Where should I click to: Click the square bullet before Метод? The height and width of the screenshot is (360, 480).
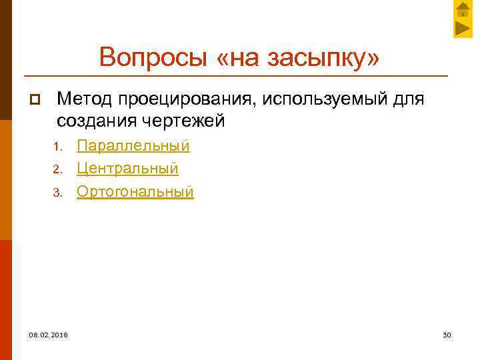pyautogui.click(x=35, y=100)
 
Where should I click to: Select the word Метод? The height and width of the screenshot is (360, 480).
pyautogui.click(x=85, y=99)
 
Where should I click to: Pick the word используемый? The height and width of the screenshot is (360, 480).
pyautogui.click(x=325, y=99)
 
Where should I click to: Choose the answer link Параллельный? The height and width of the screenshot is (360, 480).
pyautogui.click(x=133, y=145)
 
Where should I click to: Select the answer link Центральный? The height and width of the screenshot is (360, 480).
pyautogui.click(x=127, y=169)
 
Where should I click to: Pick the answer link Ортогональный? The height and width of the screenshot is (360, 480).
pyautogui.click(x=135, y=192)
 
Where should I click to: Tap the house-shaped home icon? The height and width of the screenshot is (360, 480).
pyautogui.click(x=463, y=9)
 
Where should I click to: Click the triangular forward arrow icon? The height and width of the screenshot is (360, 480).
pyautogui.click(x=463, y=29)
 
